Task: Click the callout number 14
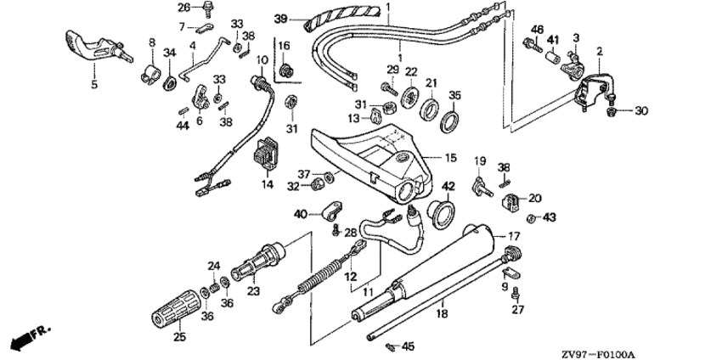[x=267, y=183]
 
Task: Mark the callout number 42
[x=448, y=186]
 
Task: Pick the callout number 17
[x=513, y=235]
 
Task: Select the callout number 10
[x=262, y=60]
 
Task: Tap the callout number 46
[x=536, y=31]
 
